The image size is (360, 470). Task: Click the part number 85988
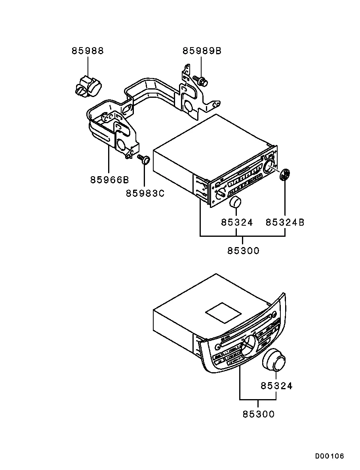point(88,51)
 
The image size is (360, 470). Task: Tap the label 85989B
point(202,51)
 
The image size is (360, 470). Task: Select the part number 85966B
point(109,180)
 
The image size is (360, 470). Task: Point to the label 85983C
point(145,194)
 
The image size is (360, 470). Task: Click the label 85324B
point(285,223)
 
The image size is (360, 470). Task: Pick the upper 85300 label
point(243,250)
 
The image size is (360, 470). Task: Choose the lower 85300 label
point(258,414)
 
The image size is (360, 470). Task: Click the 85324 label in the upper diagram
point(237,223)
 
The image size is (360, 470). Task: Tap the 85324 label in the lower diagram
point(276,386)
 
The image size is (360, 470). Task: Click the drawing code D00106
point(330,456)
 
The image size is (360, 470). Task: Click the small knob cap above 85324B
point(285,175)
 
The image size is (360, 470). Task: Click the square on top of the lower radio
point(223,313)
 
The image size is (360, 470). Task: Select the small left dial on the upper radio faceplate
point(221,192)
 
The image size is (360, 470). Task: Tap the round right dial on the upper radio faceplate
point(269,167)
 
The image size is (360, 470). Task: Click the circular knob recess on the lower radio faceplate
point(248,345)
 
